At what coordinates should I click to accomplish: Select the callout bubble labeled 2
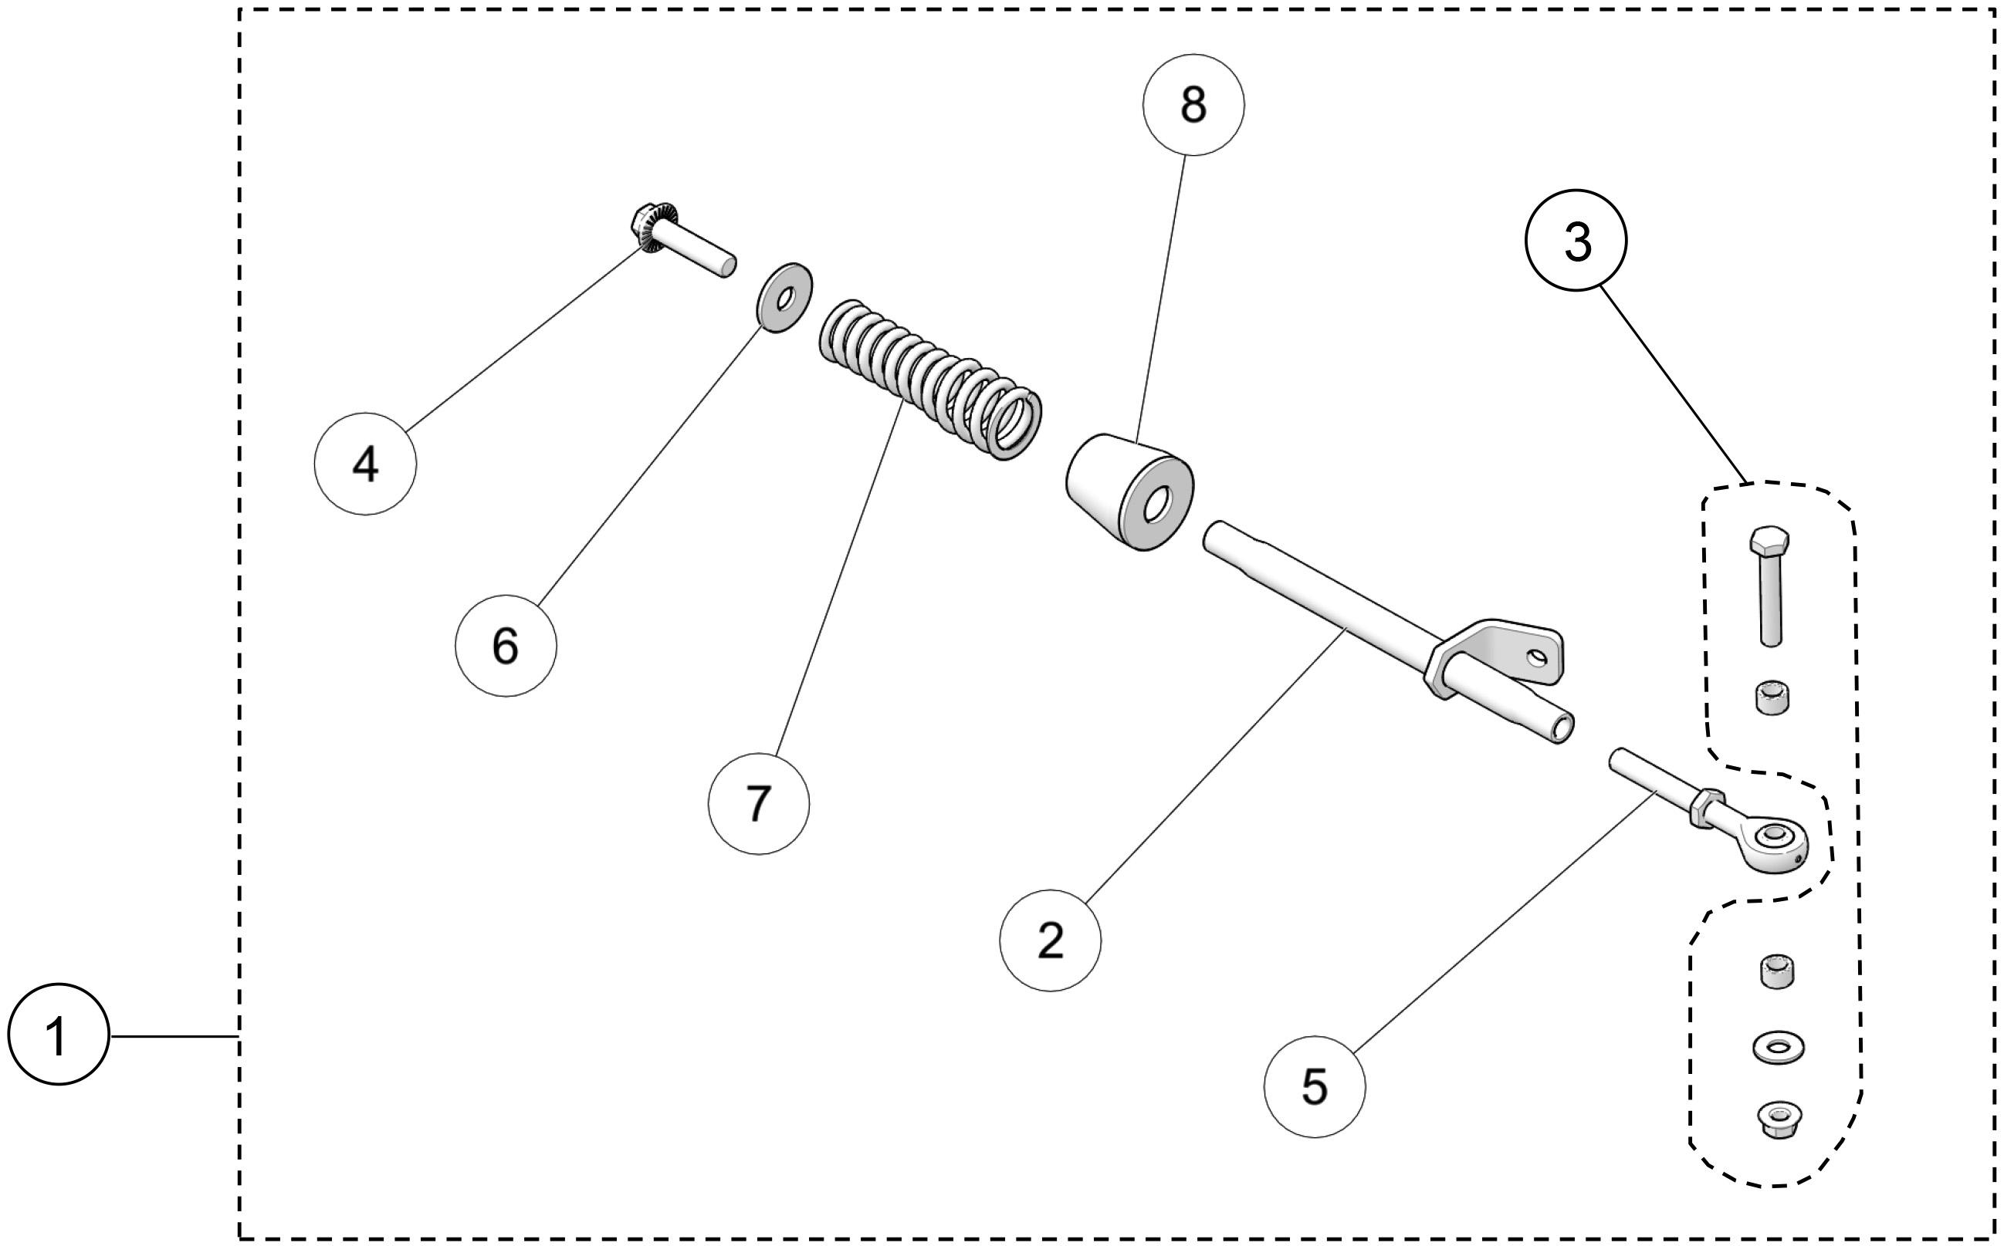pyautogui.click(x=1049, y=940)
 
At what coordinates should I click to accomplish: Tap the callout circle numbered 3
pyautogui.click(x=1576, y=241)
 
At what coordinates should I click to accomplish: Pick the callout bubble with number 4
pyautogui.click(x=365, y=464)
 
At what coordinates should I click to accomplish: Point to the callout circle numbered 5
pyautogui.click(x=1314, y=1087)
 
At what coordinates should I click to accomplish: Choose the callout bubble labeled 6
pyautogui.click(x=506, y=646)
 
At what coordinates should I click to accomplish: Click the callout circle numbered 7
pyautogui.click(x=758, y=803)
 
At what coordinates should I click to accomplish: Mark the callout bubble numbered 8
pyautogui.click(x=1193, y=105)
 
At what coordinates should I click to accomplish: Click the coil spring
pyautogui.click(x=932, y=379)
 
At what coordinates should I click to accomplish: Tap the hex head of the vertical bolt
pyautogui.click(x=1769, y=542)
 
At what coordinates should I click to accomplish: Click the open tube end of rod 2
pyautogui.click(x=1560, y=728)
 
